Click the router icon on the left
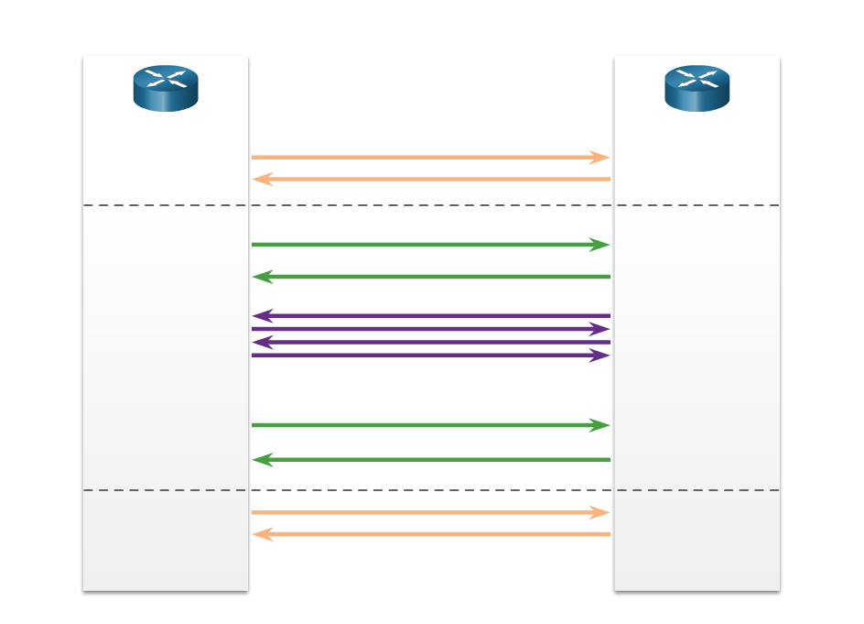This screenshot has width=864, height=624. (166, 88)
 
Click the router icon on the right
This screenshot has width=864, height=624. (697, 88)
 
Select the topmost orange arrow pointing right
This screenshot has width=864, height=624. (430, 158)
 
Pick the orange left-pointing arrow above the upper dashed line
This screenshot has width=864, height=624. (430, 180)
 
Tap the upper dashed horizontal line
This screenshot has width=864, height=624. (430, 205)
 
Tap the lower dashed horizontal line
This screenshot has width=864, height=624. (430, 490)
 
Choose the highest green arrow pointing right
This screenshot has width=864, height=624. (430, 245)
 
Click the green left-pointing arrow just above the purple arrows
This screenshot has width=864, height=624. (430, 277)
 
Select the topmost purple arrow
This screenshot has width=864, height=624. (430, 316)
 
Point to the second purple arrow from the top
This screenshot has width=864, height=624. (430, 329)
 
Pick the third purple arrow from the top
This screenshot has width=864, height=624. (430, 343)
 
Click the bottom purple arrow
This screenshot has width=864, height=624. (430, 356)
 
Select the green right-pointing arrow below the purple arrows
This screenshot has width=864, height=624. (430, 425)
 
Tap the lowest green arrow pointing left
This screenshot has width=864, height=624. (430, 460)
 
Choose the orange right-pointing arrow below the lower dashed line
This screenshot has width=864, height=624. (430, 512)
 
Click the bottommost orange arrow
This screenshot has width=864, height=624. (430, 534)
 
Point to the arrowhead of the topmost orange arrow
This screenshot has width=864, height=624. (600, 158)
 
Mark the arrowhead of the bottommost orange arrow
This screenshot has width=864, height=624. (263, 534)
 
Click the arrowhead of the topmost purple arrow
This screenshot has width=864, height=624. (263, 316)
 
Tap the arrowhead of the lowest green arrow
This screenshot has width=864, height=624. (263, 460)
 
